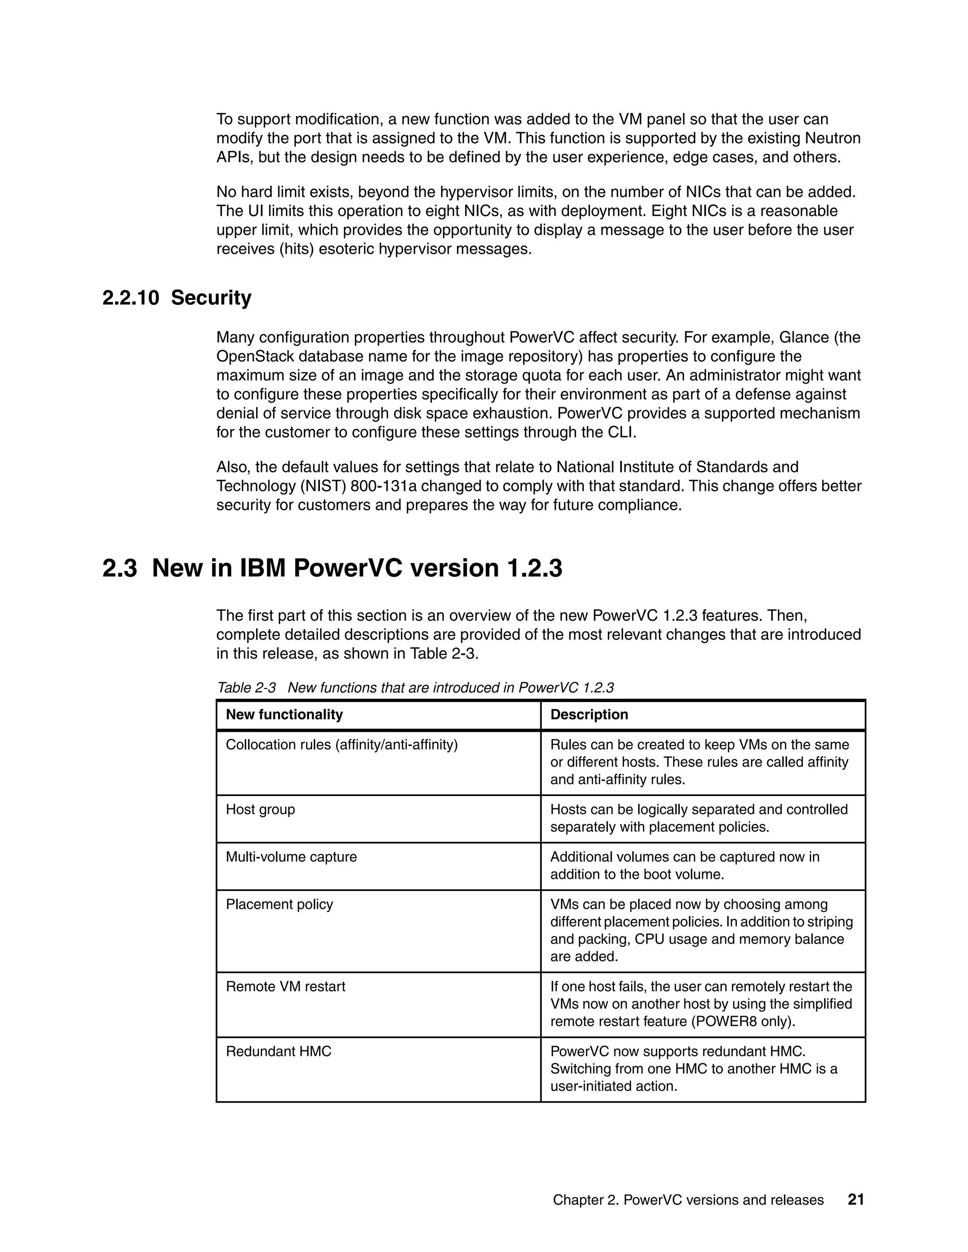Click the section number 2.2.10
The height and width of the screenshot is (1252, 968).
tap(130, 298)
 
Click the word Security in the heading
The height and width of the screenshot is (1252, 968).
tap(211, 298)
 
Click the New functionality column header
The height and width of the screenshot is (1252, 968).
tap(284, 714)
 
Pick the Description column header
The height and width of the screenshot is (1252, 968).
tap(589, 714)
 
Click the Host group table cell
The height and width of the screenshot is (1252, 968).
tap(260, 809)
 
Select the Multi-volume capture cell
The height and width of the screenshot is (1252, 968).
tap(291, 857)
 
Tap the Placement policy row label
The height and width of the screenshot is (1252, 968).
tap(279, 905)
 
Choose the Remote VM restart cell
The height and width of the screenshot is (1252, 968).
tap(285, 986)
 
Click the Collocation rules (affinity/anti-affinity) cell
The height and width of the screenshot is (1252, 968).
tap(342, 745)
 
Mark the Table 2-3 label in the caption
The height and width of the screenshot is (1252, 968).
tap(247, 688)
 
